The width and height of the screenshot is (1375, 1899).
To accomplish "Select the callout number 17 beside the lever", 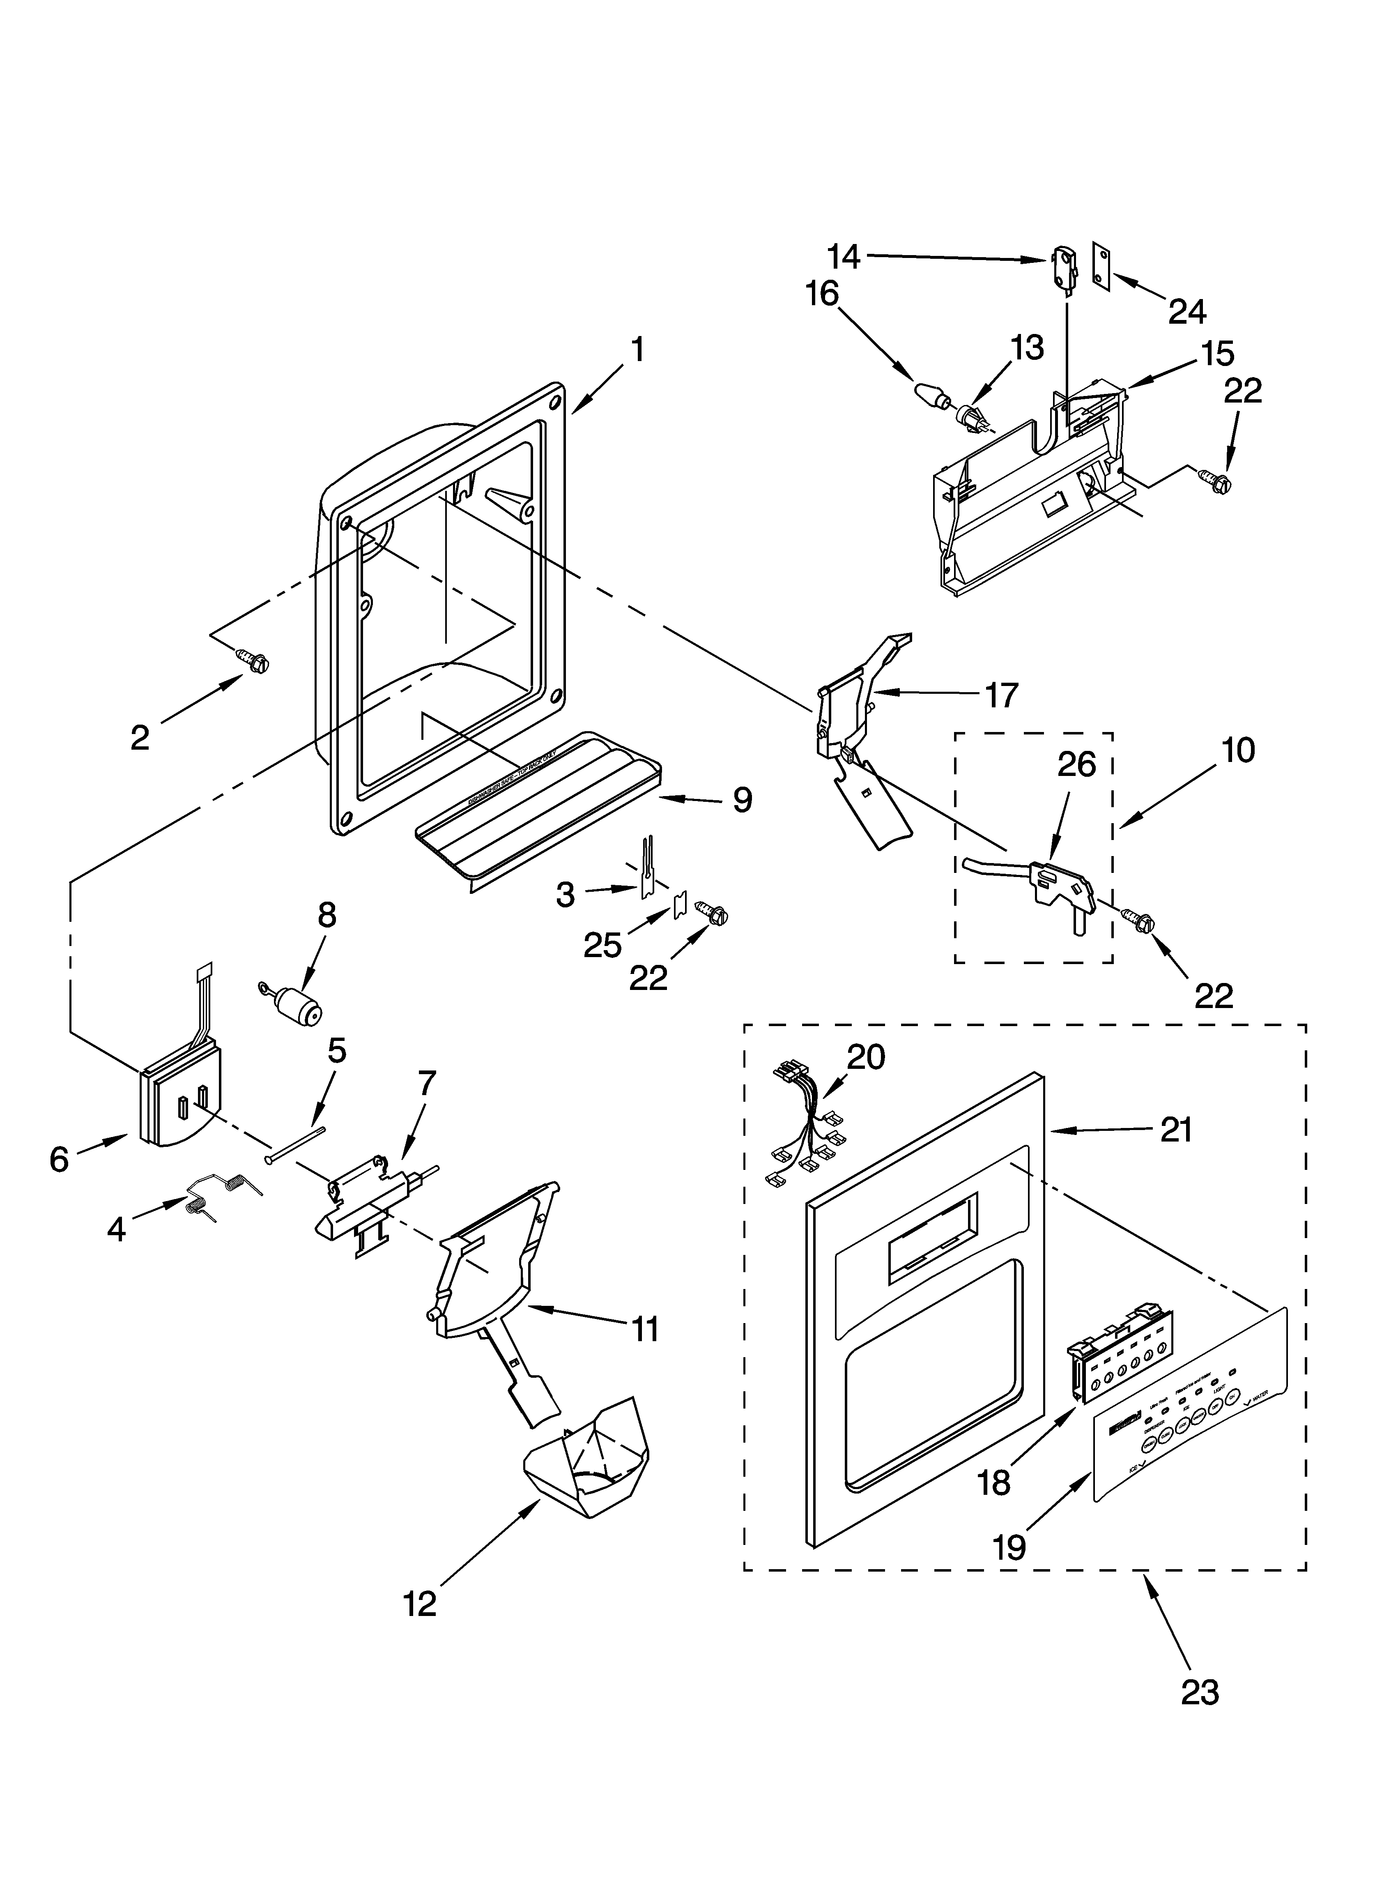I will click(1001, 695).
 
